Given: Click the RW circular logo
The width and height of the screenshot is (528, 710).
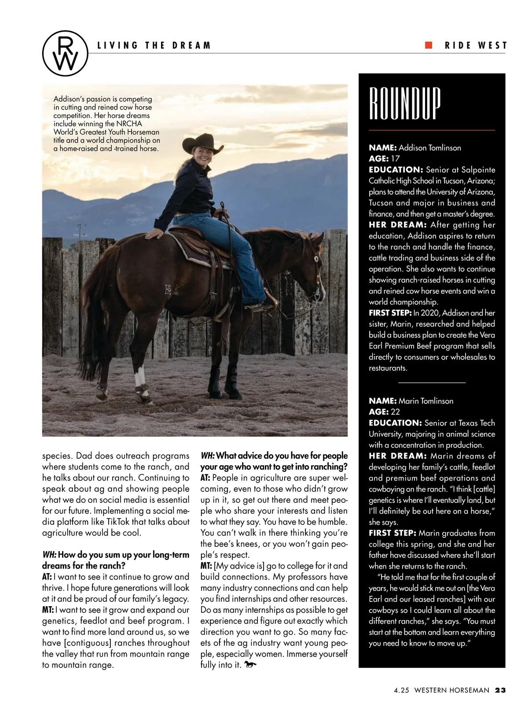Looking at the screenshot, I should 65,52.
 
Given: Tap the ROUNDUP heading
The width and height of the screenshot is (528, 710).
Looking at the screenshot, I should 404,104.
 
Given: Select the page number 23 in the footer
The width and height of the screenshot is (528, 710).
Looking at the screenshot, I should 500,690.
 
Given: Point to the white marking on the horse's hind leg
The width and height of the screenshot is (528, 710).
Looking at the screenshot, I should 139,377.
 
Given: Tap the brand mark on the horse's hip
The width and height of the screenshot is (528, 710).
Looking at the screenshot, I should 168,289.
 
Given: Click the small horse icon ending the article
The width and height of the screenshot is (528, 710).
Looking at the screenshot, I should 250,665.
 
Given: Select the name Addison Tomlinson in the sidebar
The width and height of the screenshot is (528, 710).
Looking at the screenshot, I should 429,148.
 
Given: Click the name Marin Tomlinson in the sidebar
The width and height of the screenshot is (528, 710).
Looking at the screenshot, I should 425,401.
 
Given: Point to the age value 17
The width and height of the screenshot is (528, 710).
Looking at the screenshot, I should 395,159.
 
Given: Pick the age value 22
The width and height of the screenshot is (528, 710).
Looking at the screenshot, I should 396,412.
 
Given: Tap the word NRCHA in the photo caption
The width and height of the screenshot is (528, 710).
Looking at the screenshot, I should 129,124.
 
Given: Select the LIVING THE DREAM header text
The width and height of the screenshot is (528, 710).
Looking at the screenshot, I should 154,45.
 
